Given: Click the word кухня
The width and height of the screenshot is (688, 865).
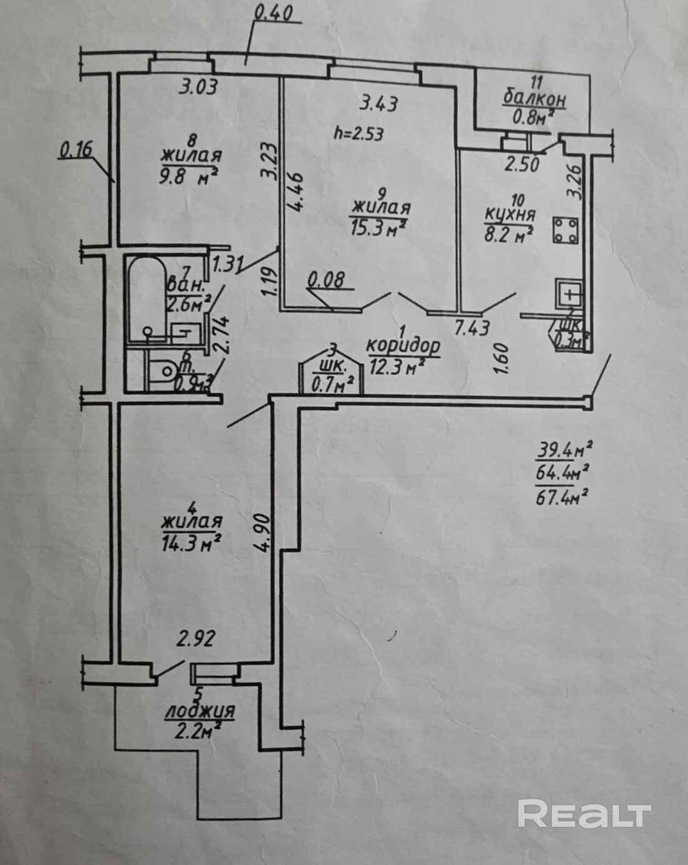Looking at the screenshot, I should coord(510,215).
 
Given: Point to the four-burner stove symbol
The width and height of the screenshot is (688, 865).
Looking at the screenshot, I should coord(567,230).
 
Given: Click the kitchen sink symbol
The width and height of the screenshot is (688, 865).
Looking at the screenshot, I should coord(569,293).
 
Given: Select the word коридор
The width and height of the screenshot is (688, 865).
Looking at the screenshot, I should coord(403,345).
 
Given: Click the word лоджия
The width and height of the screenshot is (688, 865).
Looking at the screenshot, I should coord(200,712).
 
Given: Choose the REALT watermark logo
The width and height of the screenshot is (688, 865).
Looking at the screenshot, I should coord(584,814).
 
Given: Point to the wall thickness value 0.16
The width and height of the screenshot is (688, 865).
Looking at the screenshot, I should coord(76,150).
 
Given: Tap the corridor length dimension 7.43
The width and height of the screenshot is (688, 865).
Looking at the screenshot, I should coord(472,327).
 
